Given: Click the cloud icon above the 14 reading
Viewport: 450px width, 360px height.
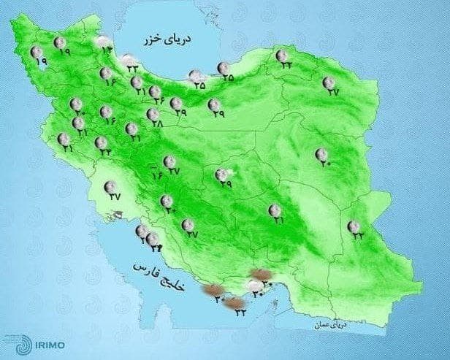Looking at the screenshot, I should (104, 40).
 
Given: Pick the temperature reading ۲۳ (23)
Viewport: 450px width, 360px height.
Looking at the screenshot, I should (134, 68).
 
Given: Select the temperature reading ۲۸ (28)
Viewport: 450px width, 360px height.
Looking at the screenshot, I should (154, 123).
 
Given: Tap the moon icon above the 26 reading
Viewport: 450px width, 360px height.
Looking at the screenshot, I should (156, 91).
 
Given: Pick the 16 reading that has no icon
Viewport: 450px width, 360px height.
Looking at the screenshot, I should (156, 175).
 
